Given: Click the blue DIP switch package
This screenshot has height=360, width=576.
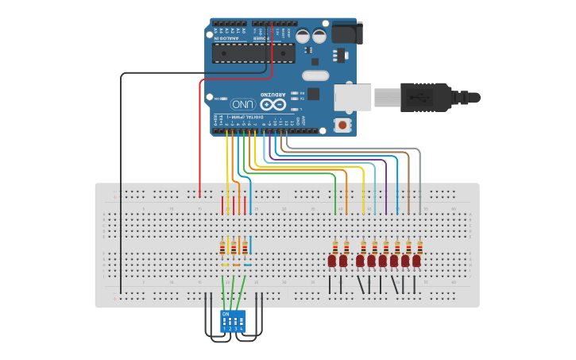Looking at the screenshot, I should (233, 321).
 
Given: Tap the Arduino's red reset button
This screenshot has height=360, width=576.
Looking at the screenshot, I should (342, 124).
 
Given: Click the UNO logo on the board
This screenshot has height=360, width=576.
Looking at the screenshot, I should (242, 104).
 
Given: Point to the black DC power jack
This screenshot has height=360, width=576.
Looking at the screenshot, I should (346, 33).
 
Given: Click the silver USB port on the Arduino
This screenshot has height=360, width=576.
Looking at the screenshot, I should (353, 97).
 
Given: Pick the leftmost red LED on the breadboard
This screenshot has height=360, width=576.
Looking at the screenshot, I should (332, 260).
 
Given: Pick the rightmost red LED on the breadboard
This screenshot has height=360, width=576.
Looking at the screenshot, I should (416, 260).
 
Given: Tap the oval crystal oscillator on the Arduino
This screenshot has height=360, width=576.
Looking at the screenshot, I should (315, 75).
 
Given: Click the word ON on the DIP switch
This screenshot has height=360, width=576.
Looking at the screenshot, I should (226, 314).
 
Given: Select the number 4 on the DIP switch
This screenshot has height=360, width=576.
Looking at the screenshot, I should (242, 328).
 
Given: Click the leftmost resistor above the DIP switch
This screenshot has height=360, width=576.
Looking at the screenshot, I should (222, 247).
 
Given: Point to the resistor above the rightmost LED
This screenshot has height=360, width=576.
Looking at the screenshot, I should (416, 246).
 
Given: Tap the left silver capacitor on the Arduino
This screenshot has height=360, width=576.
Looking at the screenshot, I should (303, 36).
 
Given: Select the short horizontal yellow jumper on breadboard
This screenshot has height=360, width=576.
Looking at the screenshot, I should (225, 265).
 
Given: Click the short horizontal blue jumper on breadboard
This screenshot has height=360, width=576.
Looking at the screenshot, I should (248, 265).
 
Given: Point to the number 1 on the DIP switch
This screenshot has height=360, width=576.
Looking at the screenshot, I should (225, 328).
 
